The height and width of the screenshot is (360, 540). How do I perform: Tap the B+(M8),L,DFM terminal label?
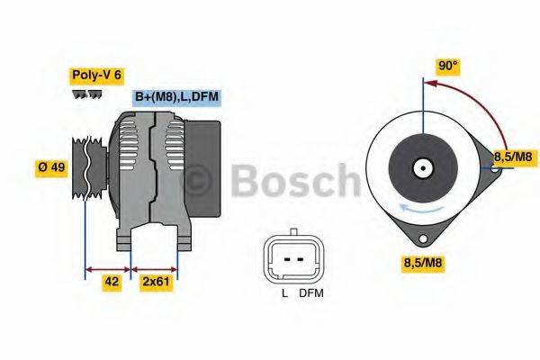click(176, 97)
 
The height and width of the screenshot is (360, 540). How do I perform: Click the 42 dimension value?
click(111, 281)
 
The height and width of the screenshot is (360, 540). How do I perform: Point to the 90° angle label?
click(447, 66)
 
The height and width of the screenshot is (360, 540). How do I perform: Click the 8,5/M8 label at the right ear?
click(512, 158)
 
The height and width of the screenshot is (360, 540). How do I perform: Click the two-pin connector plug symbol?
click(292, 259)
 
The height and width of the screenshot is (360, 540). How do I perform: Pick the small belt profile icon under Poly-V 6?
click(86, 94)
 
